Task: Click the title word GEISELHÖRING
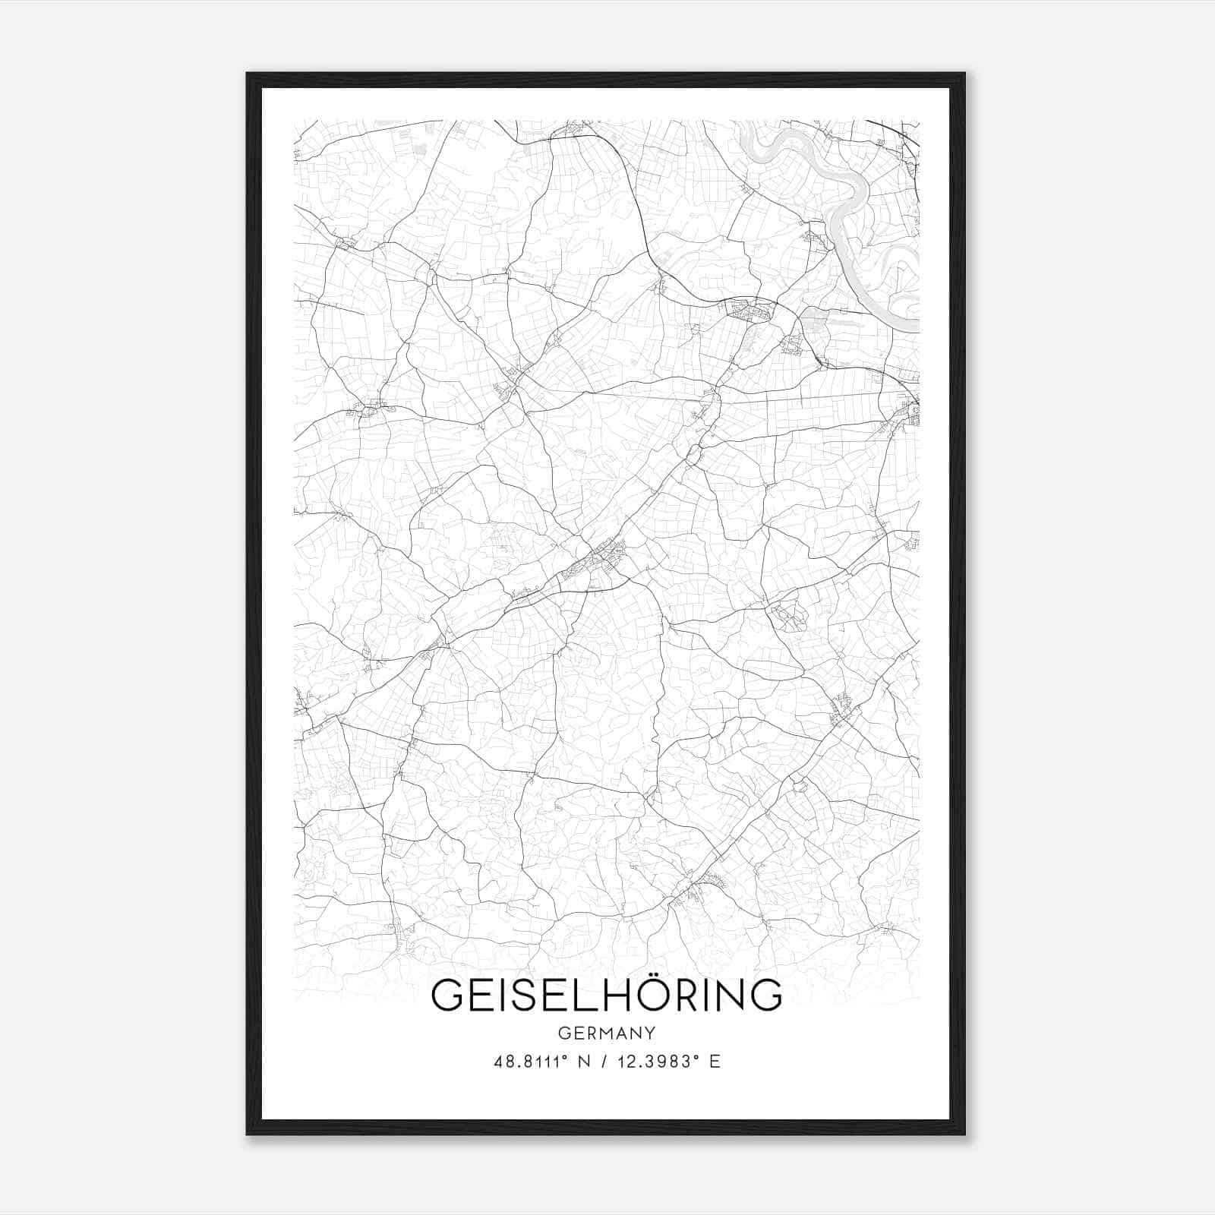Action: pyautogui.click(x=606, y=996)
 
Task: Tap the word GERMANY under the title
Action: pyautogui.click(x=606, y=1034)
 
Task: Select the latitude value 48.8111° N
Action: pyautogui.click(x=541, y=1062)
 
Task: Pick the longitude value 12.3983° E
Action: pyautogui.click(x=666, y=1062)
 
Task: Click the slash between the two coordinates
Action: pyautogui.click(x=603, y=1062)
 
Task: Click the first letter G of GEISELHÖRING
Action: pyautogui.click(x=447, y=996)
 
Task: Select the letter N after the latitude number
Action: pyautogui.click(x=584, y=1062)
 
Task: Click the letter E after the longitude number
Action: pyautogui.click(x=715, y=1062)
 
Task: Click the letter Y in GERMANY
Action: pyautogui.click(x=650, y=1034)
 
